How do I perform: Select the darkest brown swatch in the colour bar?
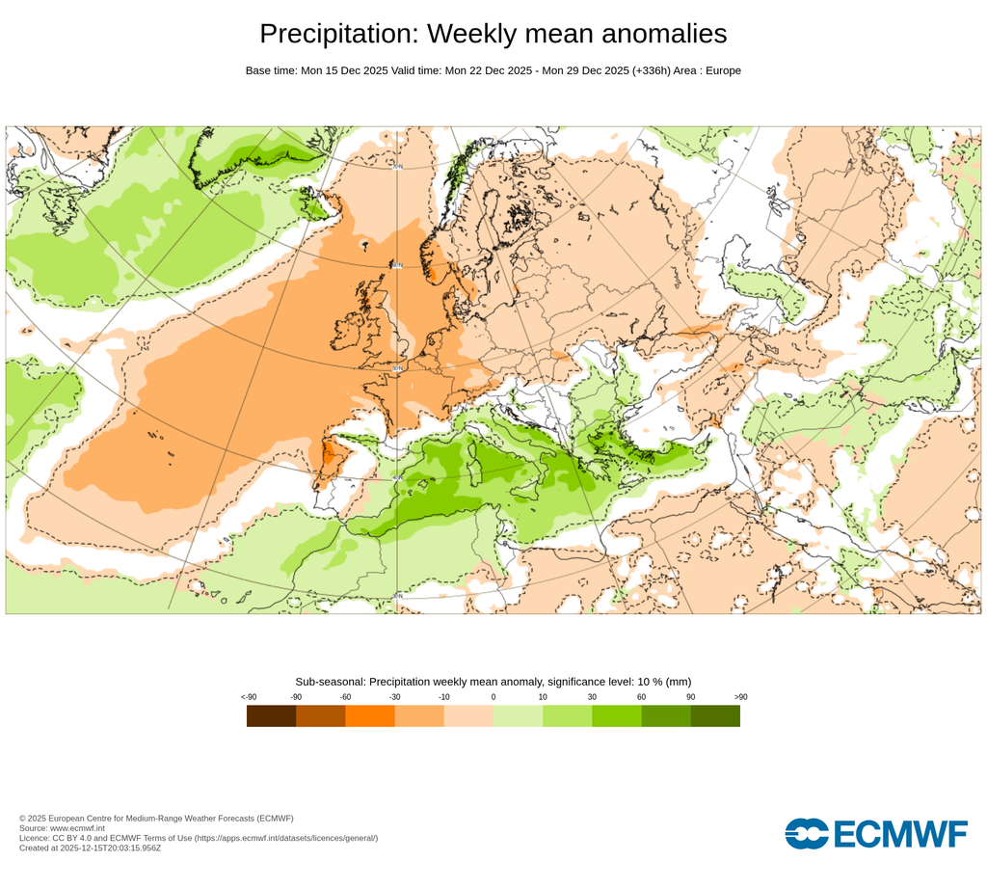[x=271, y=715]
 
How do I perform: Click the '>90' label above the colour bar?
[x=740, y=697]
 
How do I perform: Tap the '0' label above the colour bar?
[x=493, y=697]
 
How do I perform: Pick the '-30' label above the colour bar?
[x=394, y=697]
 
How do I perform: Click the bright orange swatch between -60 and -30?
[x=370, y=715]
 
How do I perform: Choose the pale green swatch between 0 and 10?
[x=518, y=715]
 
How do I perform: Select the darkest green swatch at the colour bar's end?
[x=715, y=715]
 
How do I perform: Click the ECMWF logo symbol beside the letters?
[x=807, y=833]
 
